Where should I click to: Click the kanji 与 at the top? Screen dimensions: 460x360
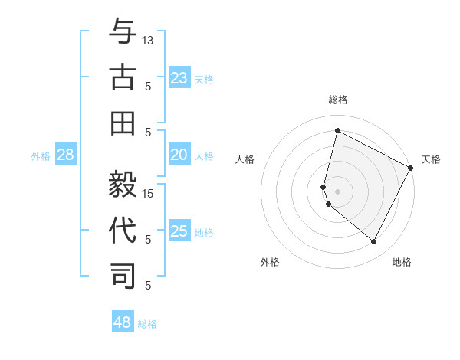[x=123, y=32]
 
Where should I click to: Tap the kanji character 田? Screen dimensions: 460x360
[x=123, y=122]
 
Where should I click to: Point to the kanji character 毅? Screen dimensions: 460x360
[x=123, y=184]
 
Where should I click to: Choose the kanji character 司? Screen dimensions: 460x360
[x=123, y=275]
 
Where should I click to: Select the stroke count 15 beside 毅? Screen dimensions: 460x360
[x=149, y=193]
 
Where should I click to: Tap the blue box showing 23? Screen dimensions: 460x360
[x=179, y=78]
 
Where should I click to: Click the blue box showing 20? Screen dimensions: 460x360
[x=179, y=155]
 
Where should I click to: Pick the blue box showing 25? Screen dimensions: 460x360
[x=179, y=232]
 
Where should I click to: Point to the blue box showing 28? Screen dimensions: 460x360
[x=66, y=155]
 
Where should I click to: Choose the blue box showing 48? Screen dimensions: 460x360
[x=123, y=322]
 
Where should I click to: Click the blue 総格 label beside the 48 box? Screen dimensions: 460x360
[x=147, y=324]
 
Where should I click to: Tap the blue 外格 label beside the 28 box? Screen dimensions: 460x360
[x=41, y=156]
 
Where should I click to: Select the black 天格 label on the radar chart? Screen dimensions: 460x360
[x=431, y=159]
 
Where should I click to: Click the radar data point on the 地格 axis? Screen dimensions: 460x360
[x=374, y=242]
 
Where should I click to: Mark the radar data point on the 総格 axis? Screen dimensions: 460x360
[x=337, y=130]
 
